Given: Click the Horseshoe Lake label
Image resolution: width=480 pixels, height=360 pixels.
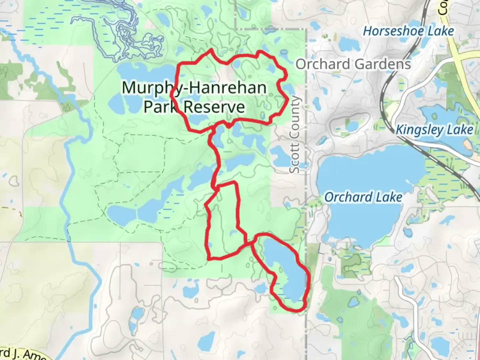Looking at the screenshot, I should (408, 31).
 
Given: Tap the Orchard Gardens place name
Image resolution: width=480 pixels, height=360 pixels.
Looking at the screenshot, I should (353, 64).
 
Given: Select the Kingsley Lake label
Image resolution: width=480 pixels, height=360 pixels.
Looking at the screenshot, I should (434, 130).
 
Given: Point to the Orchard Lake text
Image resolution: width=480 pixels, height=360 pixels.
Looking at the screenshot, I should (363, 197).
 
